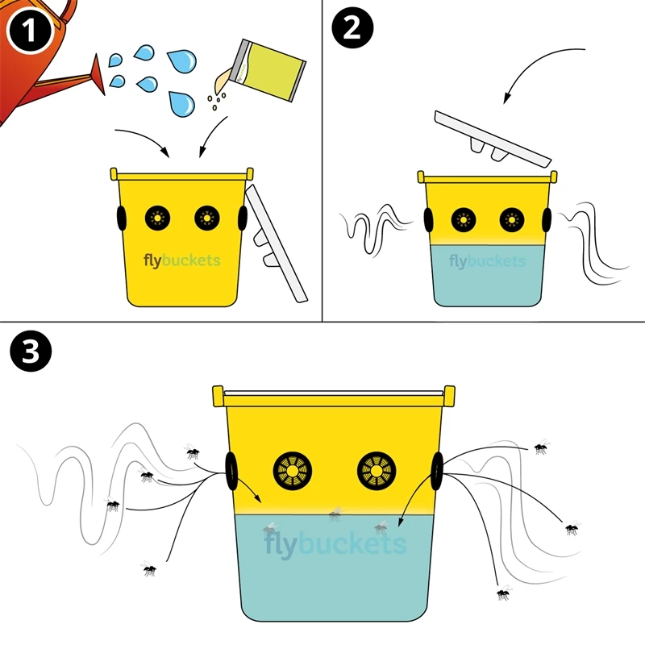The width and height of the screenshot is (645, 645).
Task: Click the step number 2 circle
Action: pyautogui.click(x=353, y=31)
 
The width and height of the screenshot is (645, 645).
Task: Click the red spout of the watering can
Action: pyautogui.click(x=98, y=73)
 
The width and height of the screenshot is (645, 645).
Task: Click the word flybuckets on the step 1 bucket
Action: pyautogui.click(x=181, y=260)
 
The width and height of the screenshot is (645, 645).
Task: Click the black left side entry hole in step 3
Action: pyautogui.click(x=231, y=470)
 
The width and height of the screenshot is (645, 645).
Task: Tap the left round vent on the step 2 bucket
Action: pyautogui.click(x=463, y=218)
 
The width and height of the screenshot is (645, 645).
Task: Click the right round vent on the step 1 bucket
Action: pyautogui.click(x=207, y=216)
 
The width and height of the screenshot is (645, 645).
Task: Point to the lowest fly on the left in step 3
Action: pyautogui.click(x=149, y=569)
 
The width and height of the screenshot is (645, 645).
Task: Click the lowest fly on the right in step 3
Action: pyautogui.click(x=503, y=593)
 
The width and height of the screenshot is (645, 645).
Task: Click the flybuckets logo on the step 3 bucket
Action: pyautogui.click(x=335, y=544)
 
